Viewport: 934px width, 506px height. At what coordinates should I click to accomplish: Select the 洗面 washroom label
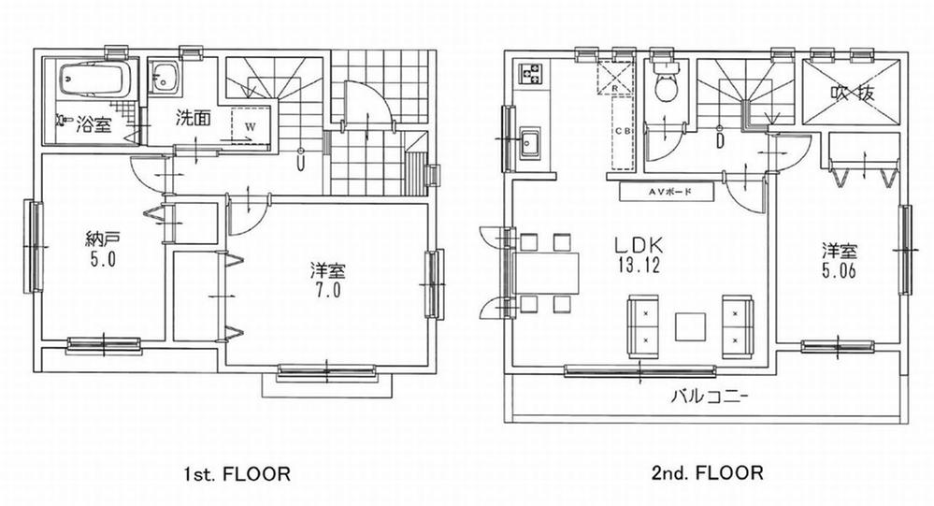(x=193, y=119)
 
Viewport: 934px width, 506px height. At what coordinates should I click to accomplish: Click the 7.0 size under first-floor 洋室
(x=327, y=291)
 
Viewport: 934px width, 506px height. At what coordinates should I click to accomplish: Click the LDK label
(x=639, y=245)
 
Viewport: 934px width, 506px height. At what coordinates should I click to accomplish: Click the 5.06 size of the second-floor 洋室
(x=839, y=269)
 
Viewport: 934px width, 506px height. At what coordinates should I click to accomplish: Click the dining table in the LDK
(x=546, y=271)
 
